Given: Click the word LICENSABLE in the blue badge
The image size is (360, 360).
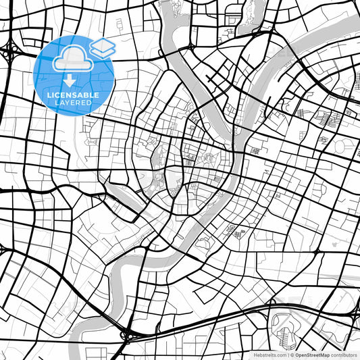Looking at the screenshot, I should click(74, 95).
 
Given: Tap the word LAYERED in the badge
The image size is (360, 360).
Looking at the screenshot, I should click(74, 103).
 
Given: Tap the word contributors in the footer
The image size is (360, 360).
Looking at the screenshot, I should click(344, 354).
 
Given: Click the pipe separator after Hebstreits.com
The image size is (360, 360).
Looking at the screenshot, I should click(288, 354).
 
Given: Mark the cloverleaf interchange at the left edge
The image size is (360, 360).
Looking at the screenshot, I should click(11, 49).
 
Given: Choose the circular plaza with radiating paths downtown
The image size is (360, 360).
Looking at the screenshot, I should click(209, 159).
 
